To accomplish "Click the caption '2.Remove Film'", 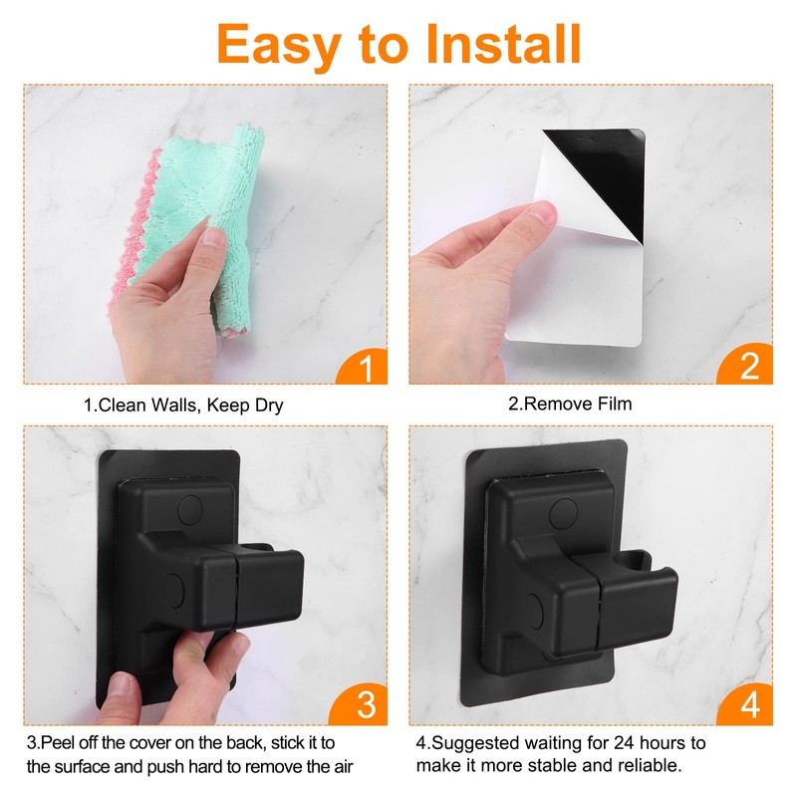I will click(570, 404).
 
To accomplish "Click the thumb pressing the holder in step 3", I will click(221, 653).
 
